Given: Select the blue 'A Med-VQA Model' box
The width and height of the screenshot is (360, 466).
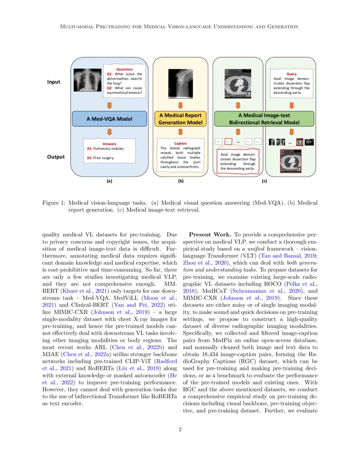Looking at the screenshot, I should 109,119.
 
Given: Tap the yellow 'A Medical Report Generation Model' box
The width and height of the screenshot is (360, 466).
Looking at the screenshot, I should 180,119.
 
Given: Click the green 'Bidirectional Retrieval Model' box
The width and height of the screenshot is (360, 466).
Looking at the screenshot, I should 264,119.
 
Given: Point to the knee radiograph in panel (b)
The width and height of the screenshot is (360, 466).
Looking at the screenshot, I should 180,81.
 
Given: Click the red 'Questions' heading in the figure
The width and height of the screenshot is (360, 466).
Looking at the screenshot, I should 125,69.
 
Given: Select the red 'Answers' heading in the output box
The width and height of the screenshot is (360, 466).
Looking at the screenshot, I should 109,144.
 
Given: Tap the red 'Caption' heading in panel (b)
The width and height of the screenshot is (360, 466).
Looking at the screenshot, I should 180,144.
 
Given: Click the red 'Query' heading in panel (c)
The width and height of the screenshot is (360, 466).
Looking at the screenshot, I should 291,74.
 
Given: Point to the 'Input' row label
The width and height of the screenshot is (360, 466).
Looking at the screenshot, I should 53,82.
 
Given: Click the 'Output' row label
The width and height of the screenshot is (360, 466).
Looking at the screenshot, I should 55,157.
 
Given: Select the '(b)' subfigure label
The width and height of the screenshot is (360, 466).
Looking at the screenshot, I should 180,181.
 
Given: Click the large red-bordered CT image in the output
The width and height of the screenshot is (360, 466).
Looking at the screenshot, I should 291,161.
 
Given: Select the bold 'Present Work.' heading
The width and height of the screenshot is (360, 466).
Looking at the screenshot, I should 210,234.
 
